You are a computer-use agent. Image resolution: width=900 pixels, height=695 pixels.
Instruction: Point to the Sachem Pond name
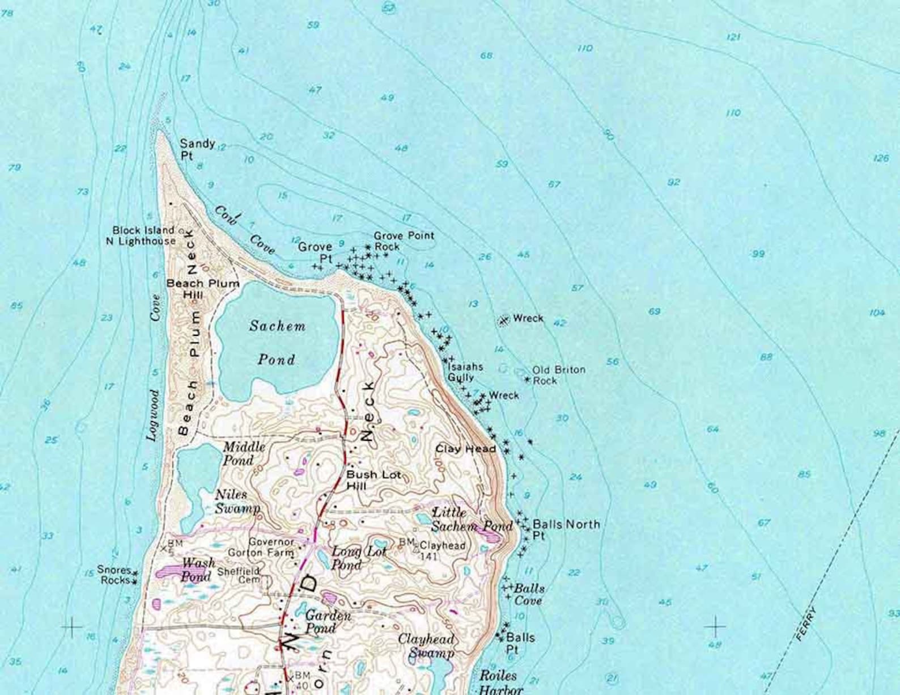click(x=277, y=343)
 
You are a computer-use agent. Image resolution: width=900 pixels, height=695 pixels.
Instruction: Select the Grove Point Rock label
click(x=404, y=241)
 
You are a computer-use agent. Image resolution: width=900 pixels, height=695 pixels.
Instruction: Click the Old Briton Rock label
click(x=558, y=375)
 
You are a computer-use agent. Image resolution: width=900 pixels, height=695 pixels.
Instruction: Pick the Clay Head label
click(x=465, y=449)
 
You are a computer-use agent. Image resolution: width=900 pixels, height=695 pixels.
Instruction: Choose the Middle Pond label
click(x=244, y=453)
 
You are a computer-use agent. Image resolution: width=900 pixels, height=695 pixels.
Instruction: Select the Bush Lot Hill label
click(x=373, y=480)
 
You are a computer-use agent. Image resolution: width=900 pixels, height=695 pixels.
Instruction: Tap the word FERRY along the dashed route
click(x=806, y=624)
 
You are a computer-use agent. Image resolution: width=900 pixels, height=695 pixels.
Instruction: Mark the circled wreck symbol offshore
click(x=503, y=321)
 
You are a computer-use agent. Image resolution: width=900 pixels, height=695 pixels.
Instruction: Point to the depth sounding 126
click(x=881, y=158)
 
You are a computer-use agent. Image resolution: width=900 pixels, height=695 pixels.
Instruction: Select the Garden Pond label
click(x=328, y=621)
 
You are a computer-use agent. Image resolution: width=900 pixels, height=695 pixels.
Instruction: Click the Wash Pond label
click(x=197, y=568)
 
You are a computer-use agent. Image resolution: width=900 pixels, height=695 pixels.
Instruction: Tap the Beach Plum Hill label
click(x=202, y=288)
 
